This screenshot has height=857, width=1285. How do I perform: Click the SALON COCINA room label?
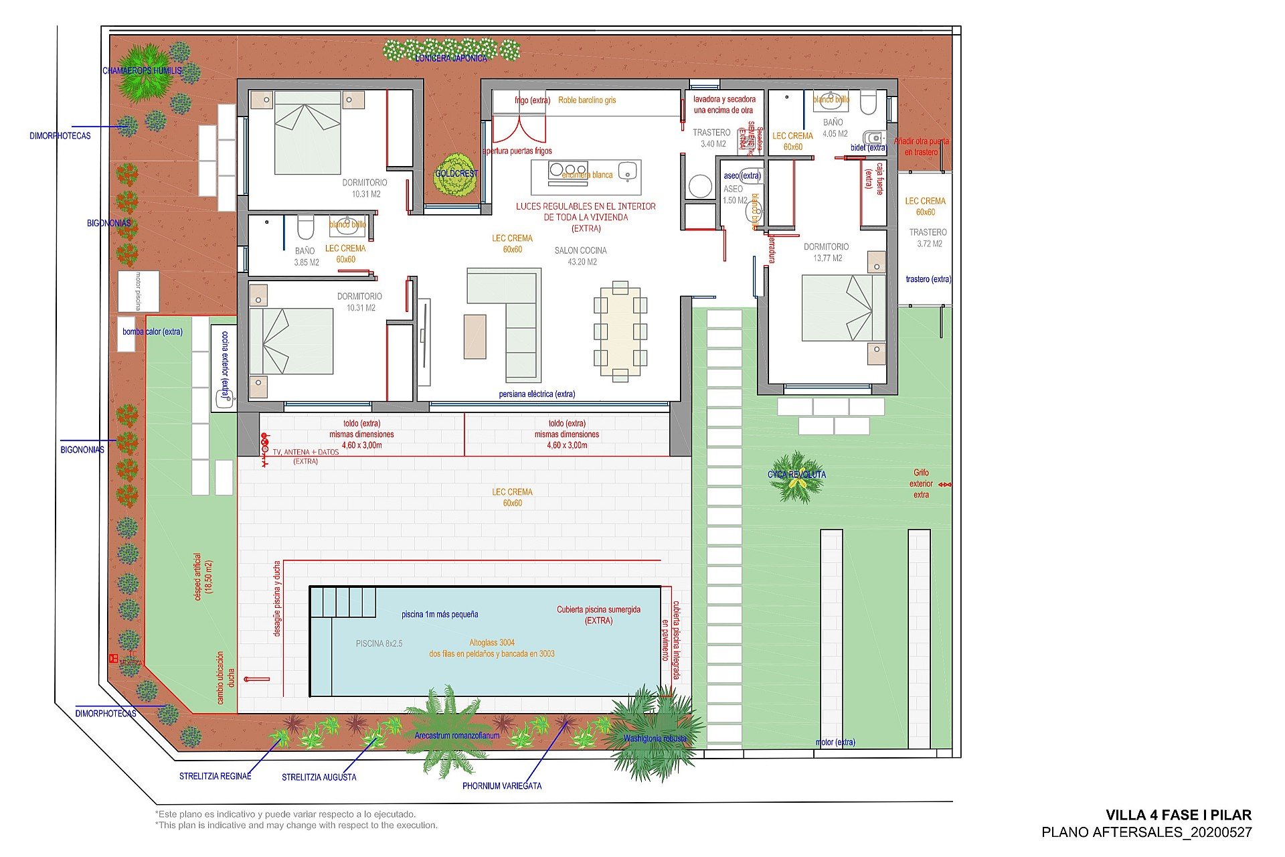point(580,251)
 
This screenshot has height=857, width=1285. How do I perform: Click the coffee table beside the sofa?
point(475,337)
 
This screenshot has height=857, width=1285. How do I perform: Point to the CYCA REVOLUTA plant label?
point(796,475)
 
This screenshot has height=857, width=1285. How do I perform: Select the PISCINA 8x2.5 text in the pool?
point(379,643)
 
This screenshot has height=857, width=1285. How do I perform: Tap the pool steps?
point(343,602)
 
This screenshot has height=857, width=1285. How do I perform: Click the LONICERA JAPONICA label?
point(451,58)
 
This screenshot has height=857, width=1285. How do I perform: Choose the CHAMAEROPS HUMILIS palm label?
point(142,70)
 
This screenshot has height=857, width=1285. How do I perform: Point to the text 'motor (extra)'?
point(835,742)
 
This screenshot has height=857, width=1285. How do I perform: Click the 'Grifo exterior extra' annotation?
point(921,483)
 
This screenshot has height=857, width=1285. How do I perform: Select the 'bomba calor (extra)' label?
point(152,331)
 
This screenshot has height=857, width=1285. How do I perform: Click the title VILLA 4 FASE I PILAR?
point(1178,815)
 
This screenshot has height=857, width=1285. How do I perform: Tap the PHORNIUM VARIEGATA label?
point(502,785)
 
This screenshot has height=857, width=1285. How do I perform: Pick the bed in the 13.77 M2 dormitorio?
point(842,308)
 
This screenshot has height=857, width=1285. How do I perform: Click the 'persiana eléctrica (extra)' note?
point(537,394)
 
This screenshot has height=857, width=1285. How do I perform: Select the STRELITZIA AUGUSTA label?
point(319,777)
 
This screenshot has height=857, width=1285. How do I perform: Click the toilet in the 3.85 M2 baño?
point(305,227)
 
